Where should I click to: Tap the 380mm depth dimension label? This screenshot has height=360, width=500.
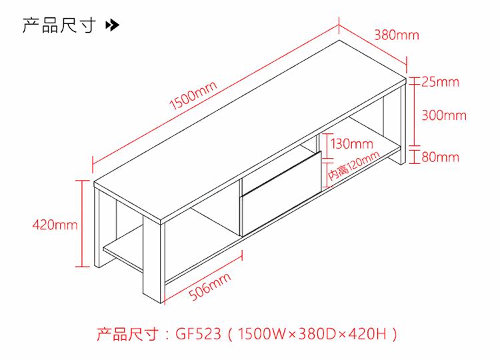tap(396, 35)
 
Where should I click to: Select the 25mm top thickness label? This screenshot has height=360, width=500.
tap(440, 82)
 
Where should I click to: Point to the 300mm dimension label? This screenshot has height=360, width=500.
tap(444, 115)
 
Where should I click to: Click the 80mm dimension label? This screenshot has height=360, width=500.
tap(440, 157)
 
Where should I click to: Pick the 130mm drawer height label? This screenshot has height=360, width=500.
tap(351, 143)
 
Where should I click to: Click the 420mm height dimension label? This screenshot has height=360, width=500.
tap(55, 225)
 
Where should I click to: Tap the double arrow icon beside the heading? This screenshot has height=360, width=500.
tap(113, 26)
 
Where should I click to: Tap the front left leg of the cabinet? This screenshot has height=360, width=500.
tap(153, 260)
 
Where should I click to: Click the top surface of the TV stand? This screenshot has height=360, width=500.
tap(247, 127)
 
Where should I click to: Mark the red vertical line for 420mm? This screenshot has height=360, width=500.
tap(84, 223)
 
